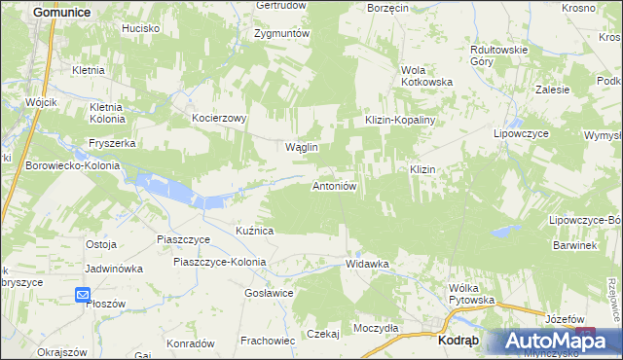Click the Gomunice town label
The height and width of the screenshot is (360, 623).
point(61,12)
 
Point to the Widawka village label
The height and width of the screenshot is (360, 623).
point(367,264)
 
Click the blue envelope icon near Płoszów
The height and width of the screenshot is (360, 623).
point(83,295)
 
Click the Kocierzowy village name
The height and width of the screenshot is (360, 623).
point(219,117)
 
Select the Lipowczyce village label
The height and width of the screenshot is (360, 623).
point(523,132)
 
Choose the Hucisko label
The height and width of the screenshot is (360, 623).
point(140,29)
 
